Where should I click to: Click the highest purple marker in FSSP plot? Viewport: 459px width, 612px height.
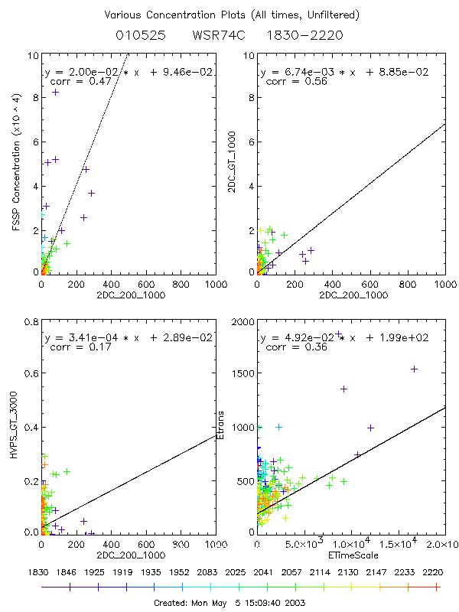pyautogui.click(x=55, y=92)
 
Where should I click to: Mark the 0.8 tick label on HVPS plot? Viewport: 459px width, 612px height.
pyautogui.click(x=29, y=323)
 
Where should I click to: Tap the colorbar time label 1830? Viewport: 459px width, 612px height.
pyautogui.click(x=41, y=571)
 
